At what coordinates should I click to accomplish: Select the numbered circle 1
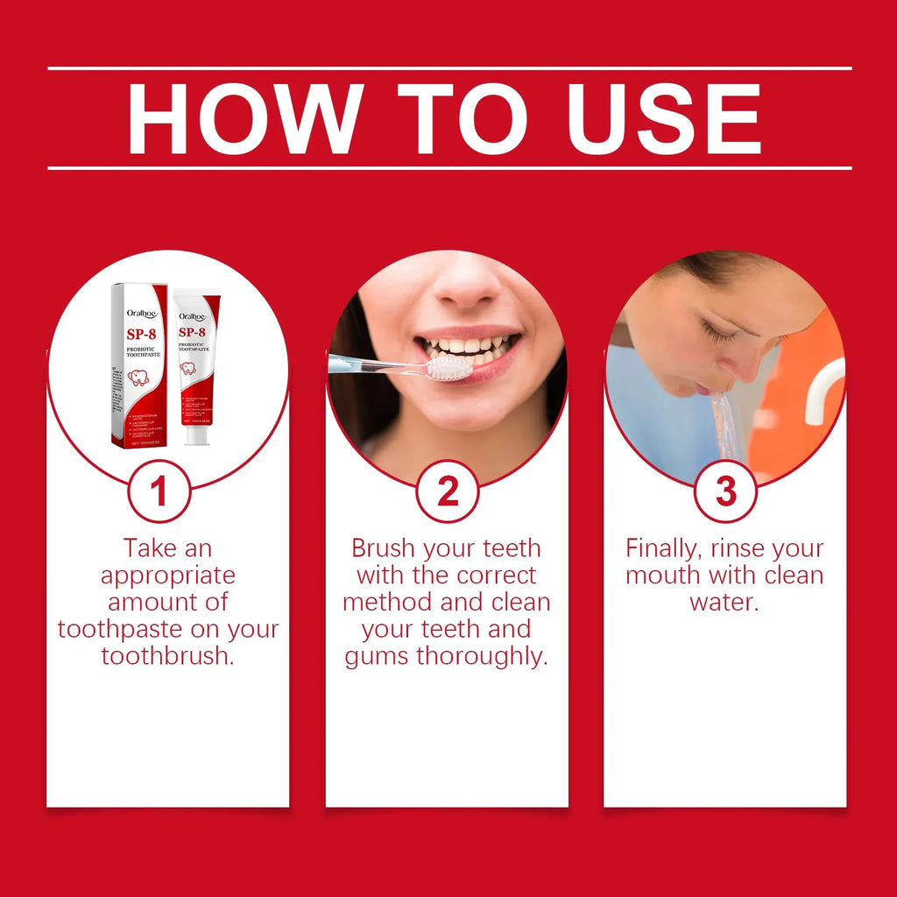(159, 491)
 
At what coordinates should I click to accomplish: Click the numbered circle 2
(447, 491)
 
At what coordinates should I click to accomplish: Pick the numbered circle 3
(725, 491)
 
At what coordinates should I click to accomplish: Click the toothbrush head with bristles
(448, 367)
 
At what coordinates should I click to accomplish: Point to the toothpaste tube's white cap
(197, 434)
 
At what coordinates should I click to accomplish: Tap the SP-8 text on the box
(140, 335)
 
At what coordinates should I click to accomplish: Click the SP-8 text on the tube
(192, 333)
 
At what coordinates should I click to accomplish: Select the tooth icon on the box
(138, 378)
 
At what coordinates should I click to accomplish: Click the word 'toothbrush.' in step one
(167, 656)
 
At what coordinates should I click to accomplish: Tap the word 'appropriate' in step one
(167, 576)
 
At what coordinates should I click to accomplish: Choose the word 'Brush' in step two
(384, 549)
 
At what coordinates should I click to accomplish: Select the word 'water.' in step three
(724, 603)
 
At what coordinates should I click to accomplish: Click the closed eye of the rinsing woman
(718, 335)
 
